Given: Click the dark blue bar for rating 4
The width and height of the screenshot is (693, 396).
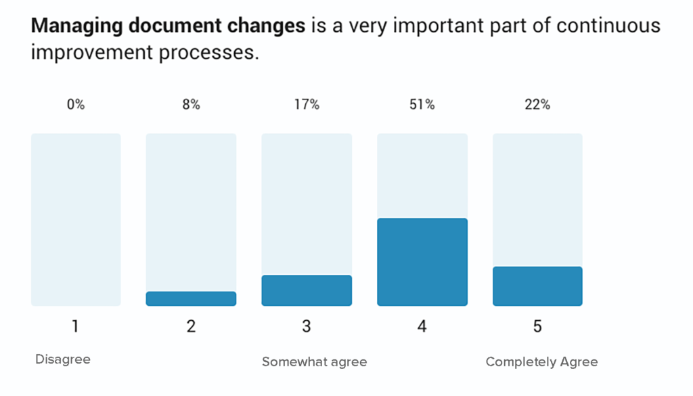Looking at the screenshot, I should pyautogui.click(x=422, y=262).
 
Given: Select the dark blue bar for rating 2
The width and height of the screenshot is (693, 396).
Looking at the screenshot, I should pyautogui.click(x=191, y=299).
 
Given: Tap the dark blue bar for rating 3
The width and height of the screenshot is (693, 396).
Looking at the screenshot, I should pyautogui.click(x=307, y=290).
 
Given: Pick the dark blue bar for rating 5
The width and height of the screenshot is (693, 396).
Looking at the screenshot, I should pyautogui.click(x=537, y=286).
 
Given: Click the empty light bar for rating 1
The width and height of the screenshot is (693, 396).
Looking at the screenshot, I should pyautogui.click(x=76, y=219).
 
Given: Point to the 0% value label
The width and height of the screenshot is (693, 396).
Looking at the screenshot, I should pyautogui.click(x=76, y=105).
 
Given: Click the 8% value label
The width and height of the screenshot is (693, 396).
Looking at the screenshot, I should pyautogui.click(x=191, y=105).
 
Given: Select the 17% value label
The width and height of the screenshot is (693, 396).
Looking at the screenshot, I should pyautogui.click(x=307, y=105).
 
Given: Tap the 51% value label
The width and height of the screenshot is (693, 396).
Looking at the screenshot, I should pyautogui.click(x=422, y=105).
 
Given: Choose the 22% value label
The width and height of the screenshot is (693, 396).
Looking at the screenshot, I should pyautogui.click(x=537, y=105).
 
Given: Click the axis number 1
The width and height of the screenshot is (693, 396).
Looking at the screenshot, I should pyautogui.click(x=76, y=326).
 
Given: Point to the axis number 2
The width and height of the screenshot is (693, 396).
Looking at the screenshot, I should pyautogui.click(x=191, y=326).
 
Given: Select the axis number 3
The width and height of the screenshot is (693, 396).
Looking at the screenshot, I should pyautogui.click(x=307, y=326).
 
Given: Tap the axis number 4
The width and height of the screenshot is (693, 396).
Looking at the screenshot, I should pyautogui.click(x=422, y=326).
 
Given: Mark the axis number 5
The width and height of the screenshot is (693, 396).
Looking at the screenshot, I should pyautogui.click(x=537, y=326).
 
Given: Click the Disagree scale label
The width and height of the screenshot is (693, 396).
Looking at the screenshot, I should pyautogui.click(x=63, y=359).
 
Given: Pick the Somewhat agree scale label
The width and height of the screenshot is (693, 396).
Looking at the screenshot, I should pyautogui.click(x=315, y=362).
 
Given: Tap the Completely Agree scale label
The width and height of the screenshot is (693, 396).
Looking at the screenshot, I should pyautogui.click(x=541, y=362).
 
